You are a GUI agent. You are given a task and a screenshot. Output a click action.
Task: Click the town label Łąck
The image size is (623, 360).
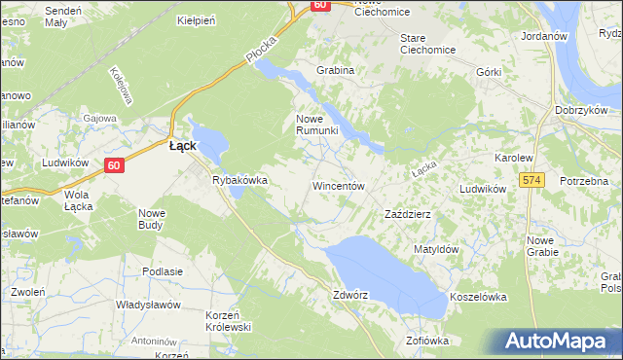point(183,145)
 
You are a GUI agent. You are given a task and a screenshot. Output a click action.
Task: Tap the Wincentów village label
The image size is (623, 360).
point(338,185)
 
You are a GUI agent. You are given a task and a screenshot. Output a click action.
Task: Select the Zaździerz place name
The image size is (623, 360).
point(408,213)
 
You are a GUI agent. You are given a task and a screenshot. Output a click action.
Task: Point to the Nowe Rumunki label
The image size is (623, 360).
point(316,124)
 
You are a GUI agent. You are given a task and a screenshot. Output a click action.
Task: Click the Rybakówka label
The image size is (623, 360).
point(239,180)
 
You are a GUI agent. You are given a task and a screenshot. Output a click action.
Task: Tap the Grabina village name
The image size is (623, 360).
point(335,70)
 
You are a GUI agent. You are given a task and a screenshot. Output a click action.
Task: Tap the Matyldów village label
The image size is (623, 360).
point(435,249)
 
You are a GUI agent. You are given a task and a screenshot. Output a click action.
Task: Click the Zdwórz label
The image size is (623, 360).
point(350,294)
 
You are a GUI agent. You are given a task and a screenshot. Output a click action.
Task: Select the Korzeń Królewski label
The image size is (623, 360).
point(229,321)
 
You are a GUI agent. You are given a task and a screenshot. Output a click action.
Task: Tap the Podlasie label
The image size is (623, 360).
point(163,271)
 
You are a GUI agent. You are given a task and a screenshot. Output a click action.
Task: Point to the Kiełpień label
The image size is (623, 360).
point(195,19)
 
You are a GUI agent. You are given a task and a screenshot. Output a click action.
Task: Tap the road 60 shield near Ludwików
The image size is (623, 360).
point(114,165)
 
